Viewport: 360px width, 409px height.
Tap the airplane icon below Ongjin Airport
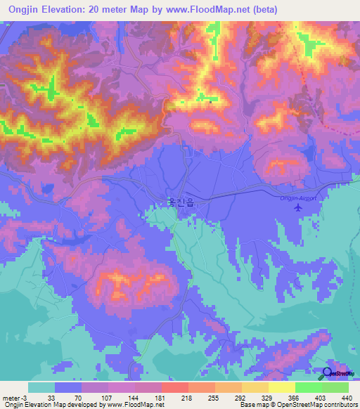[x=299, y=207]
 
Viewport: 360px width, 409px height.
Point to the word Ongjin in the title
[x=26, y=9]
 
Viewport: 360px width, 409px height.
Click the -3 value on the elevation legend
[x=25, y=398]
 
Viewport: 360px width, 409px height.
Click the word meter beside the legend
[x=11, y=398]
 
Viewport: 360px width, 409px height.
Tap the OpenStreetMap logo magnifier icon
[x=327, y=374]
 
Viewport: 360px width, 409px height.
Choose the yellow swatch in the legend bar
[x=281, y=387]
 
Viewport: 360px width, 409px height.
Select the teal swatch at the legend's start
[x=41, y=387]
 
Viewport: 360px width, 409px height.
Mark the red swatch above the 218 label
[x=174, y=387]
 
